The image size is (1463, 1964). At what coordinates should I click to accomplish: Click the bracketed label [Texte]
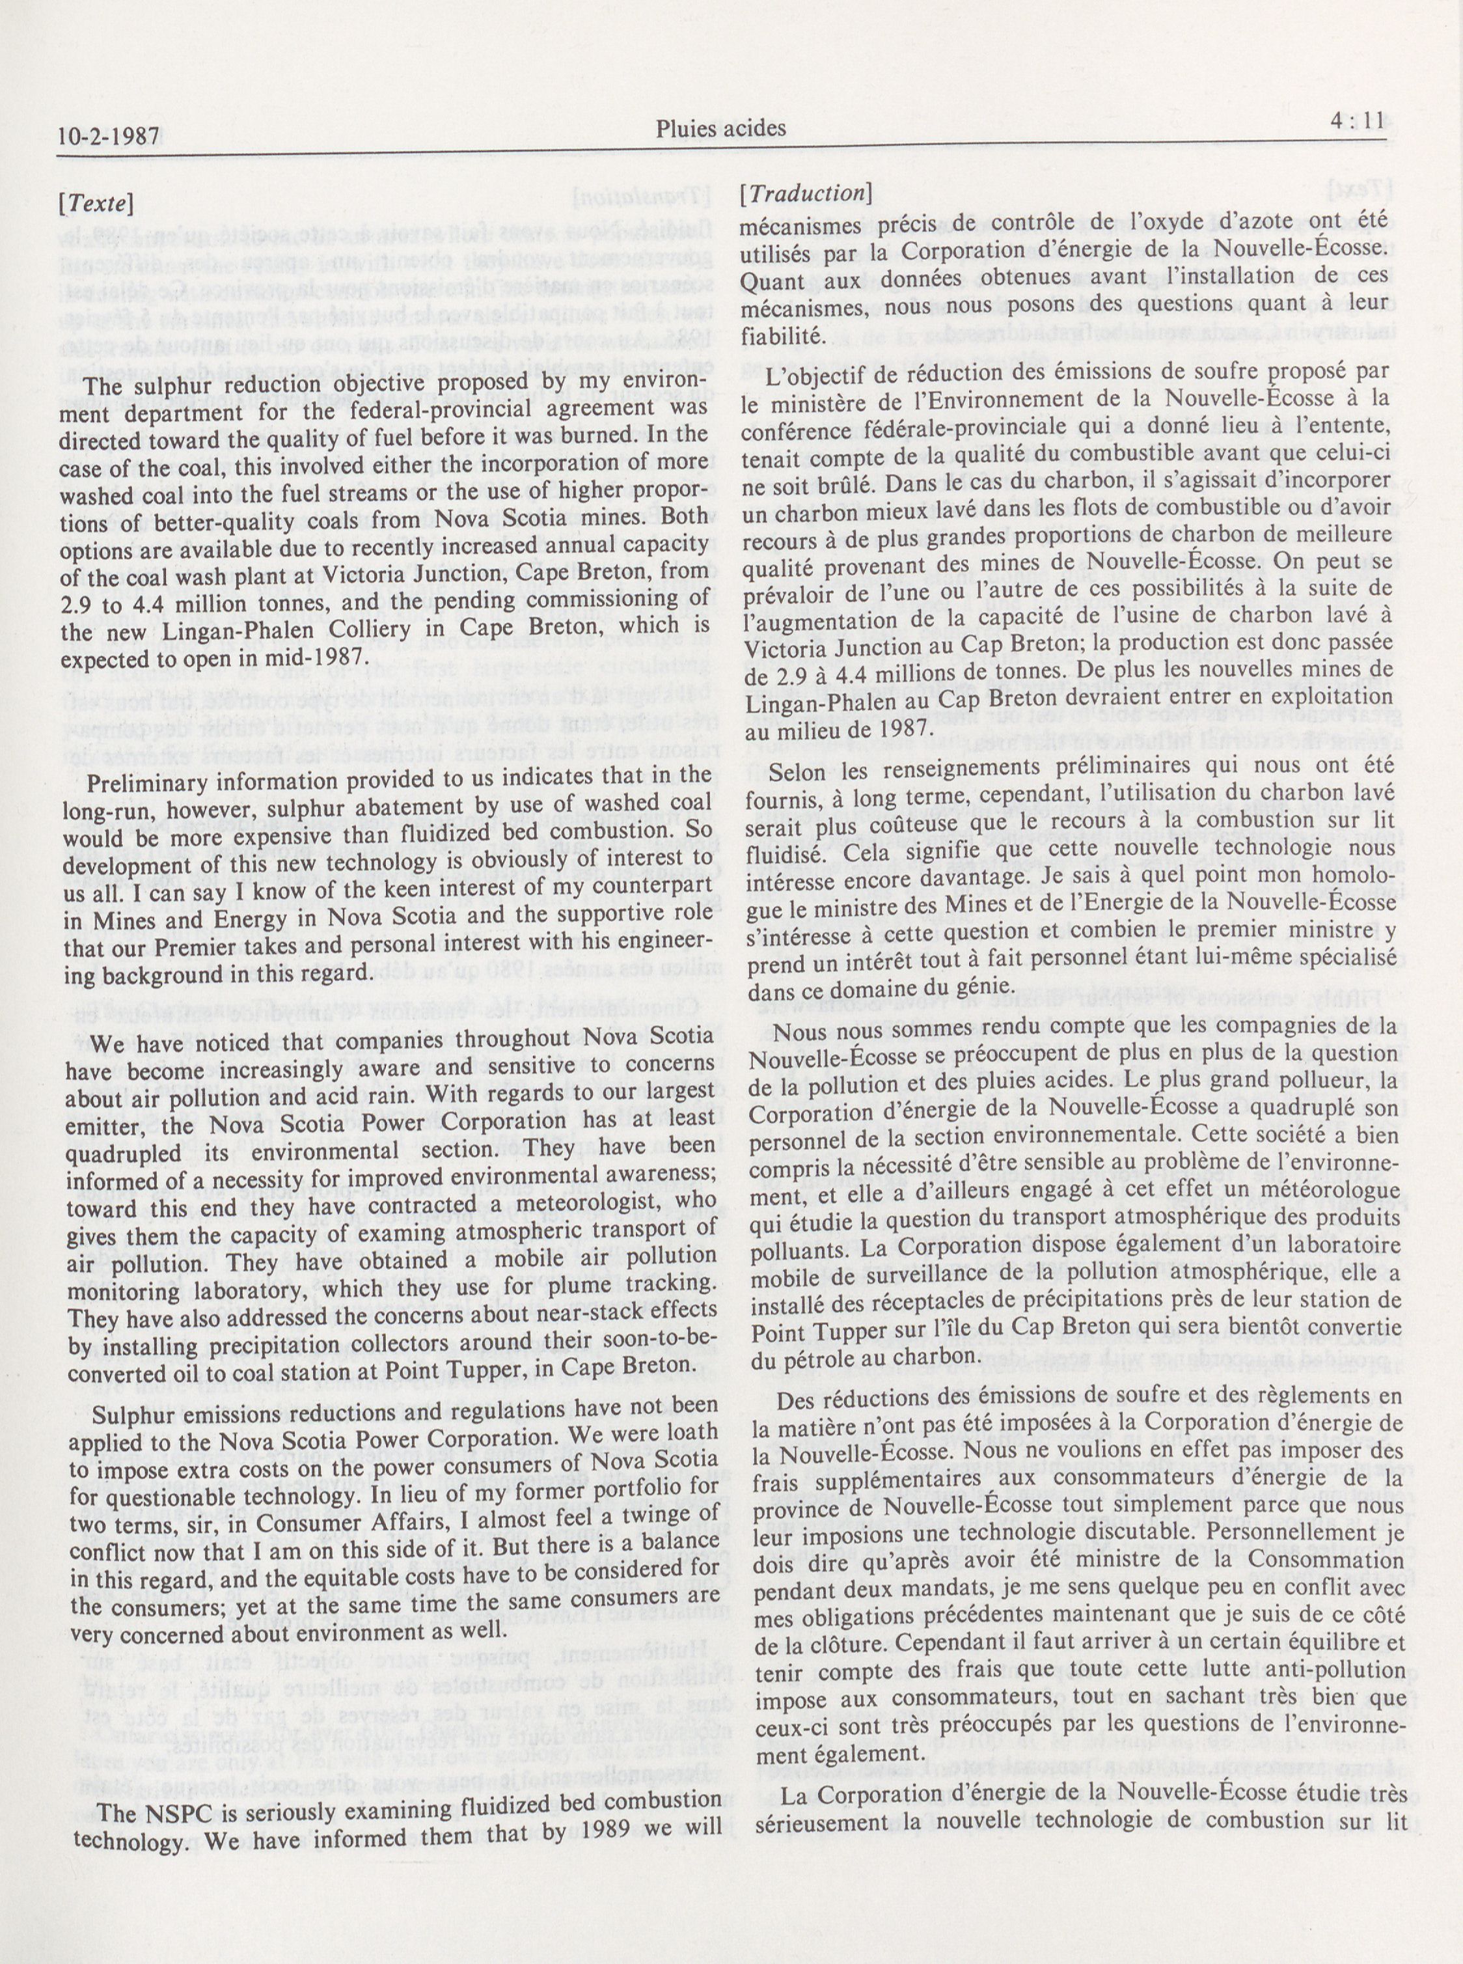[x=95, y=204]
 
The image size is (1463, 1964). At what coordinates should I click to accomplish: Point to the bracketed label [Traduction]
[x=806, y=193]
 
